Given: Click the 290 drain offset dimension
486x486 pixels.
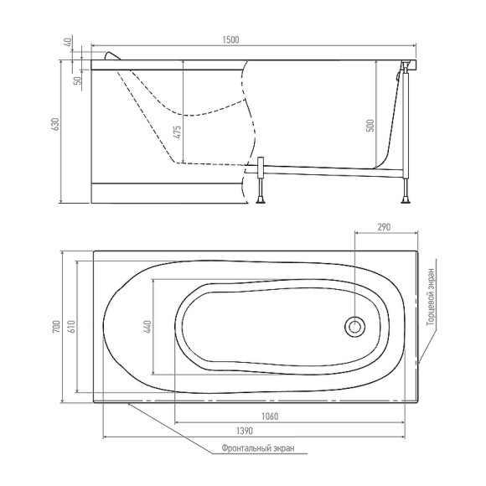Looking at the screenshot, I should coord(385,227).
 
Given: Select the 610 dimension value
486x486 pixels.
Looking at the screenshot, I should coord(72,328).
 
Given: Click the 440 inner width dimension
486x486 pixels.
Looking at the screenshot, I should coord(149,328).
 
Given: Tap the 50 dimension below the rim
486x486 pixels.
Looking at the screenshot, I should coord(76,80).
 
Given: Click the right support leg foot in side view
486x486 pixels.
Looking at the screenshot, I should coord(406,198).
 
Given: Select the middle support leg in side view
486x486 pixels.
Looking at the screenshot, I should coord(261,183).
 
